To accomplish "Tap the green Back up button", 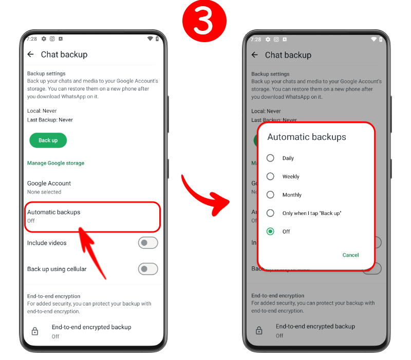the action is tap(48, 140).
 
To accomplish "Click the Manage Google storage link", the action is tap(56, 163).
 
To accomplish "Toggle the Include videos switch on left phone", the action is tap(148, 243).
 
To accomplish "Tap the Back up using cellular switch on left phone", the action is tap(148, 269).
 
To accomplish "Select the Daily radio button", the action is tap(270, 158).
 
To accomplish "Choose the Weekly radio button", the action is tap(270, 176).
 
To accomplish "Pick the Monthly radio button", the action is tap(270, 195).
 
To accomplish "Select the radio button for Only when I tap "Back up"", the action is tap(270, 213).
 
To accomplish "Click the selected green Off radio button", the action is tap(270, 231).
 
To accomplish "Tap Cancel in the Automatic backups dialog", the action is tap(350, 255).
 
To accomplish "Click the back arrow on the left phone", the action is tap(31, 55).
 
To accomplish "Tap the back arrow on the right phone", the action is tap(255, 55).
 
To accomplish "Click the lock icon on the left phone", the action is tap(35, 331).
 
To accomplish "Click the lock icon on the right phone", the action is tap(259, 330).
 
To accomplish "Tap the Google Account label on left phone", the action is tap(49, 183).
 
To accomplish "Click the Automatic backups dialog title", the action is tap(307, 137).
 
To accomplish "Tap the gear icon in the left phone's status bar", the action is tap(44, 39).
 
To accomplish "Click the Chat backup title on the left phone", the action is tap(64, 55).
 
